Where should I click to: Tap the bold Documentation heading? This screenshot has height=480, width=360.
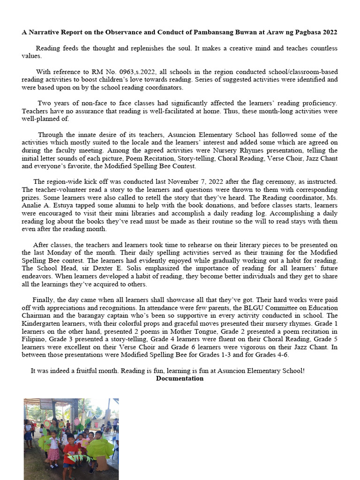(180, 378)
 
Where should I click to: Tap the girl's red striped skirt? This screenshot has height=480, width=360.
(54, 454)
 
